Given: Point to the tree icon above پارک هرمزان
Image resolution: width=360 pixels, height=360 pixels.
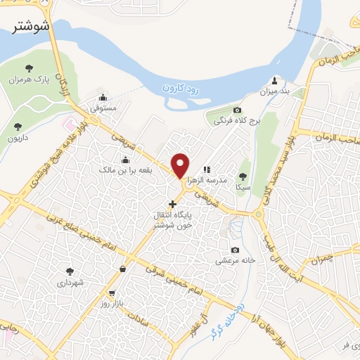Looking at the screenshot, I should (29, 68).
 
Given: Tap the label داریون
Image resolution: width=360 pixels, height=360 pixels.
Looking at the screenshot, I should (18, 139).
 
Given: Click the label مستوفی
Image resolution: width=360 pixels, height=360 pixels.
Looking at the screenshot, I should (103, 110).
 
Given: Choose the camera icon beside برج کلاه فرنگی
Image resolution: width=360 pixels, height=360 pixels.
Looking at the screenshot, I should (237, 110).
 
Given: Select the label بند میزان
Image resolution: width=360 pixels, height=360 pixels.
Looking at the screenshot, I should (275, 91).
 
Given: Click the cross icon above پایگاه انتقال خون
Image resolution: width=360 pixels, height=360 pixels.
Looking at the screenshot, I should (173, 204).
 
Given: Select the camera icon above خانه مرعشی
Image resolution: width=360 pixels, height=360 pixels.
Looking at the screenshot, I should (235, 250).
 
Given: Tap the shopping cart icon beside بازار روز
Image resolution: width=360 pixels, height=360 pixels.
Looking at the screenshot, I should (112, 292).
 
